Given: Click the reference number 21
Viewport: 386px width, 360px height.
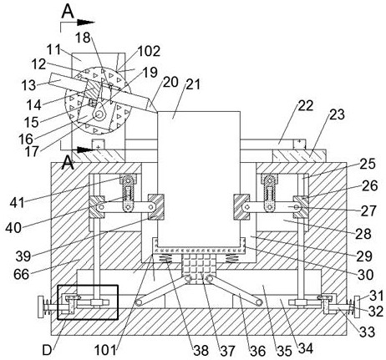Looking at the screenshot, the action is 193,84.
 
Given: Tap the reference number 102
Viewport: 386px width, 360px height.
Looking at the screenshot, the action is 149,51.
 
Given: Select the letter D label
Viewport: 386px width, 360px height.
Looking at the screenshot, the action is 47,351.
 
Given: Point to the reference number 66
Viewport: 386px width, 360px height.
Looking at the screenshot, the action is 21,274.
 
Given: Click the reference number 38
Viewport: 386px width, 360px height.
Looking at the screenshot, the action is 201,351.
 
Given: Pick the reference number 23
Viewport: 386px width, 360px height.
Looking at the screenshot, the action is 337,114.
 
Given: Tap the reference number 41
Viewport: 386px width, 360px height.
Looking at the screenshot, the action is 18,203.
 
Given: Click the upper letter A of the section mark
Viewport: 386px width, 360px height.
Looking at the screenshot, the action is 68,12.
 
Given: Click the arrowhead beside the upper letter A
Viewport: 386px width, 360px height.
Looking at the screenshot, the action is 86,23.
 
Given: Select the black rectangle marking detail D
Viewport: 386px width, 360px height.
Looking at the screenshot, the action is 88,302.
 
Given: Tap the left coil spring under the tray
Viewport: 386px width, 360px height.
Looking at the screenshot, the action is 166,259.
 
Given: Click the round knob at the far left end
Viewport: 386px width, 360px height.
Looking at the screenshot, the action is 41,307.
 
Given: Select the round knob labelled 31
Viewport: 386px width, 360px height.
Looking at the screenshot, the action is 357,307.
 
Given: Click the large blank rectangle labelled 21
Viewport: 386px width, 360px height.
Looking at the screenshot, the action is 199,179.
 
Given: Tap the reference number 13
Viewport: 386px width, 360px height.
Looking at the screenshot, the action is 29,85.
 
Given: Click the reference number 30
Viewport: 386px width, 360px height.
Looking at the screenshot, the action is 365,275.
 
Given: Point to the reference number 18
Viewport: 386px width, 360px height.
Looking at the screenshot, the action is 83,37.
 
